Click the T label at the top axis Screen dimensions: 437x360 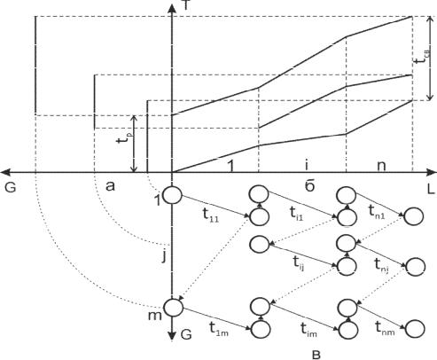pyautogui.click(x=186, y=4)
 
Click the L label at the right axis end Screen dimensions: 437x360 pyautogui.click(x=431, y=190)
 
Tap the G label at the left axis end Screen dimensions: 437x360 pyautogui.click(x=11, y=188)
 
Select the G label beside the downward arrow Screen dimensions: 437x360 pyautogui.click(x=186, y=334)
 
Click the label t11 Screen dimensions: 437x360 pyautogui.click(x=211, y=215)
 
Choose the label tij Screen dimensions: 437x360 pyautogui.click(x=299, y=262)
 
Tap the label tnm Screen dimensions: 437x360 pyautogui.click(x=385, y=328)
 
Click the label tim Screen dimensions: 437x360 pyautogui.click(x=308, y=330)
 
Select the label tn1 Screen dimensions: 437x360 pyautogui.click(x=377, y=212)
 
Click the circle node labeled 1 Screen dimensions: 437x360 pyautogui.click(x=172, y=195)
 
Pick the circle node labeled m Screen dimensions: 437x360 pyautogui.click(x=174, y=308)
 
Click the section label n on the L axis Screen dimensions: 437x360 pyautogui.click(x=381, y=166)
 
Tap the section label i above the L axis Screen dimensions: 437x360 pyautogui.click(x=307, y=165)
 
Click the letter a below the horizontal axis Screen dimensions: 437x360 pyautogui.click(x=110, y=186)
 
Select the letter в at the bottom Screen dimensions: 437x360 pyautogui.click(x=316, y=355)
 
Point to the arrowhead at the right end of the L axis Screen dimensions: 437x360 pyautogui.click(x=432, y=172)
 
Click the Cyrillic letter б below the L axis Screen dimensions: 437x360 pyautogui.click(x=309, y=186)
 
